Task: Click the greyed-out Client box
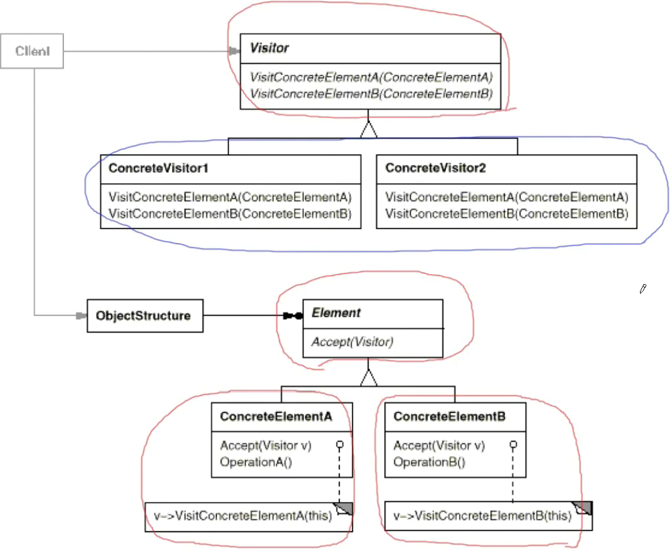(32, 51)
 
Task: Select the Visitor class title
(269, 48)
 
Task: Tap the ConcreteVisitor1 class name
(158, 168)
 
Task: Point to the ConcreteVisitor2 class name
(435, 168)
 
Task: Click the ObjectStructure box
(145, 316)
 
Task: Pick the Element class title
(336, 313)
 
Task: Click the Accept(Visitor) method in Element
(353, 342)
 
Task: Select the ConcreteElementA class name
(276, 417)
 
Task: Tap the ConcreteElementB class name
(450, 417)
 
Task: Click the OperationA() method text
(256, 462)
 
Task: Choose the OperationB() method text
(429, 462)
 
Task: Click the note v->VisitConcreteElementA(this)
(249, 517)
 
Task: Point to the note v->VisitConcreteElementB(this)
(488, 517)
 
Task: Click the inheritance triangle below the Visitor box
(368, 130)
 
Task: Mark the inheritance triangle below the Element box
(368, 378)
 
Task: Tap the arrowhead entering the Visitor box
(234, 51)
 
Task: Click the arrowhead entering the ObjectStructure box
(81, 316)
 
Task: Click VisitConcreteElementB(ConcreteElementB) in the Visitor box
(371, 94)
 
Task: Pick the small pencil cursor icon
(643, 289)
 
